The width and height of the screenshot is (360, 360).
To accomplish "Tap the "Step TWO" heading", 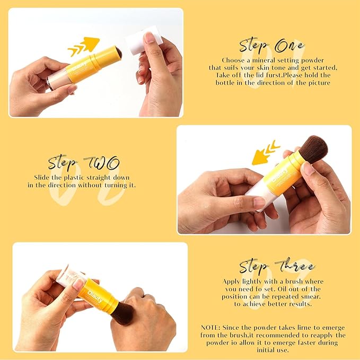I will pos(84,162).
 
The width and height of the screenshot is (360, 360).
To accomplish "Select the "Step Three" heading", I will pos(277,266).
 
